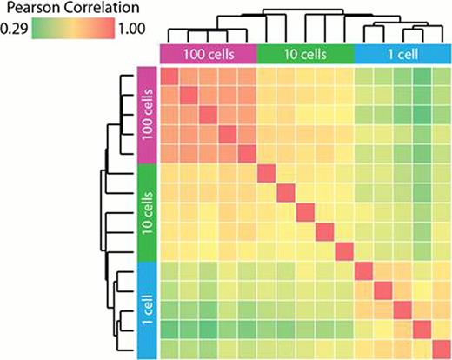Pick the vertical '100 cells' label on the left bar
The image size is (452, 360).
[147, 113]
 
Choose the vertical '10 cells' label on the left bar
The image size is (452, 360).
[147, 211]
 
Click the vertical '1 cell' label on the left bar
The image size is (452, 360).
[147, 308]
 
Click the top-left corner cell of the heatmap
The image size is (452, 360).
[170, 77]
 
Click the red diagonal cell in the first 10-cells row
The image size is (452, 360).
[267, 173]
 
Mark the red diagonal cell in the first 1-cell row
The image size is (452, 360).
[364, 270]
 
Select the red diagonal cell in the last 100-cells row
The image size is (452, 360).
[248, 154]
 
